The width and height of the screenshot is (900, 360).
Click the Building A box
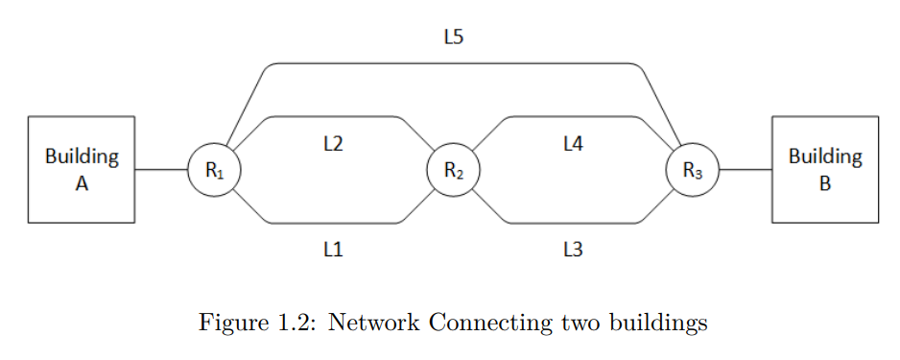coord(82,169)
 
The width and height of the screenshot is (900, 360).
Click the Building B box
coord(825,169)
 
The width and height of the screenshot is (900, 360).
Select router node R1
coord(214,170)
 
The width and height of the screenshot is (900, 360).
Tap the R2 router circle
coord(454,170)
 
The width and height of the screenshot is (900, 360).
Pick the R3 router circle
coord(693,170)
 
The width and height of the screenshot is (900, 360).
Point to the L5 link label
coord(454,37)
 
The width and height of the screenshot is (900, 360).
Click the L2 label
coord(333,144)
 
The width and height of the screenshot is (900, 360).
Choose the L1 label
coord(333,250)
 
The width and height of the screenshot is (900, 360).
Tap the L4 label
coord(573,144)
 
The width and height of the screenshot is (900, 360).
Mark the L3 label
coord(573,250)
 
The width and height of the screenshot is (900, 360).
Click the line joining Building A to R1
coord(161,170)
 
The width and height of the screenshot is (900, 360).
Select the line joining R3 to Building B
coord(746,170)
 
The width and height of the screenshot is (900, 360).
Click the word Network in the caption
coord(373,323)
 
